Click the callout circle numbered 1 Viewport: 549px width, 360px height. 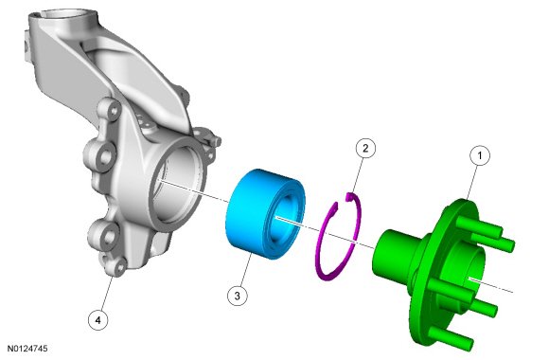tap(479, 155)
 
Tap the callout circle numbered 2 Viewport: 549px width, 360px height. tap(365, 149)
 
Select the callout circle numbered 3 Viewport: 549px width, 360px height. tap(237, 296)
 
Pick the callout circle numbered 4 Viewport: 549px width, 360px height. tap(98, 320)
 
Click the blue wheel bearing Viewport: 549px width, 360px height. tap(265, 213)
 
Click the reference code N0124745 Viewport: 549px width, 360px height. tap(27, 349)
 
